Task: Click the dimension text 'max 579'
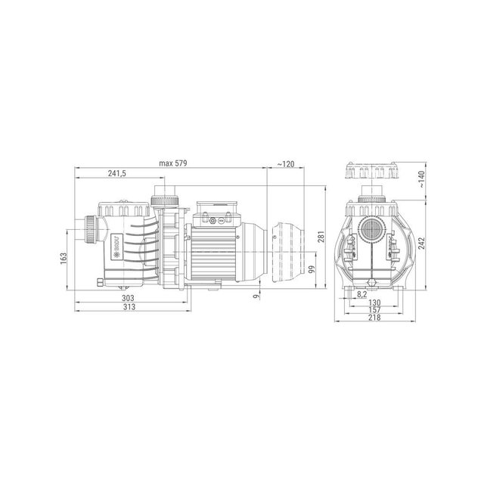pyautogui.click(x=172, y=163)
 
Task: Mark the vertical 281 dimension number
pyautogui.click(x=321, y=240)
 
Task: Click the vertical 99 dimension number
pyautogui.click(x=311, y=269)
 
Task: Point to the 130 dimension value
pyautogui.click(x=374, y=302)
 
